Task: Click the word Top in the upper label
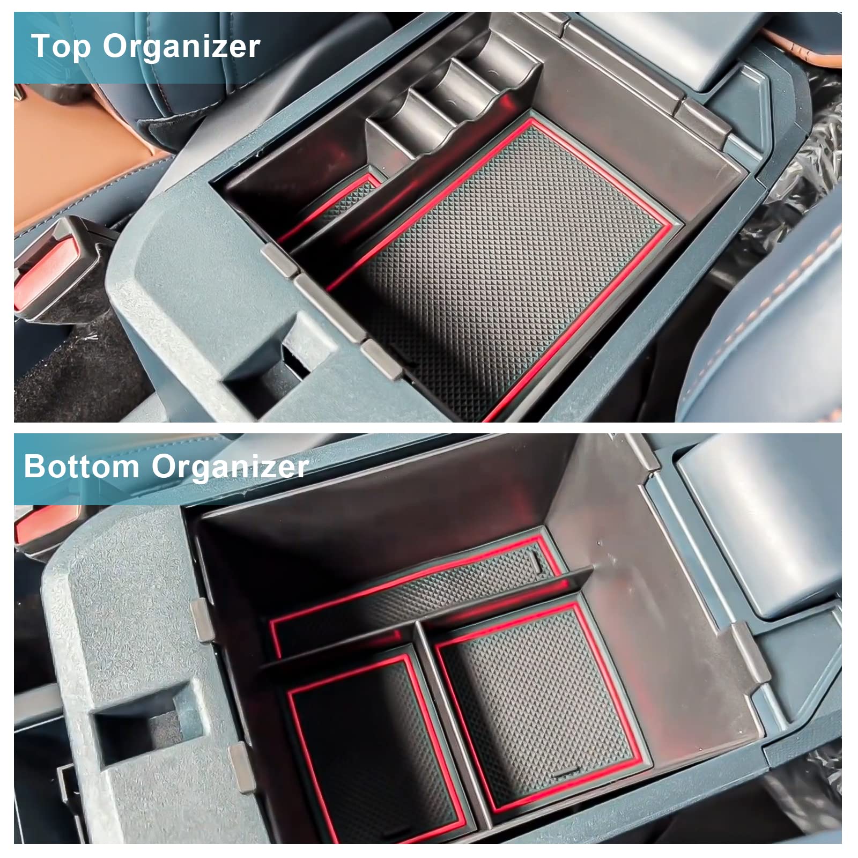tap(61, 46)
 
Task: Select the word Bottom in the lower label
tap(81, 466)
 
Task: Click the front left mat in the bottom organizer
tap(370, 745)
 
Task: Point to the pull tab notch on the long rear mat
tap(536, 560)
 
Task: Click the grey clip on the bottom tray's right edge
tap(748, 652)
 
